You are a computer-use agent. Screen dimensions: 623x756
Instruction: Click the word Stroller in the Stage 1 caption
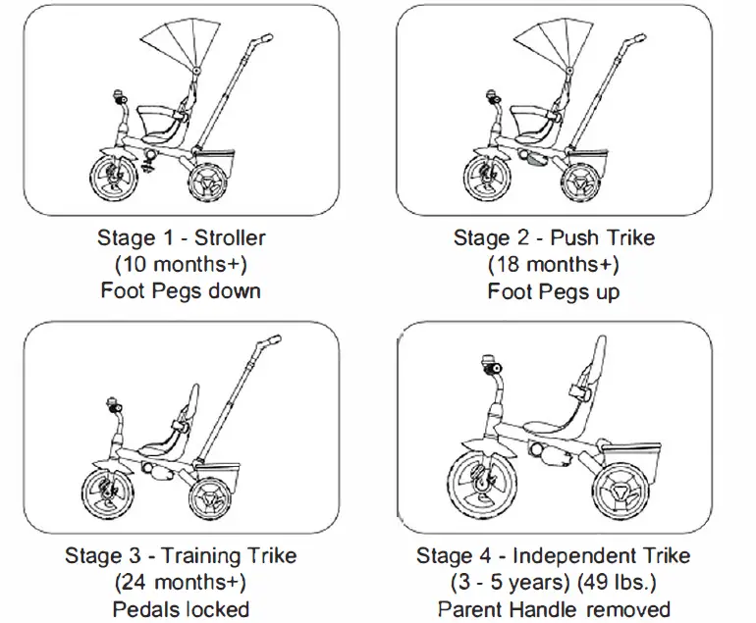tap(230, 237)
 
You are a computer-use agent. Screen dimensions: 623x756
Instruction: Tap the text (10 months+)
tap(182, 264)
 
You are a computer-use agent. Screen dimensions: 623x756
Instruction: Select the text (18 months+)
tap(554, 265)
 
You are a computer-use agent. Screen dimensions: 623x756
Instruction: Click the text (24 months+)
tap(182, 583)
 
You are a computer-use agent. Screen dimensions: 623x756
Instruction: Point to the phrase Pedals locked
tap(182, 609)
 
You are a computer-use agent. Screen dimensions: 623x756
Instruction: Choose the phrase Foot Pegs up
tap(554, 291)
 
